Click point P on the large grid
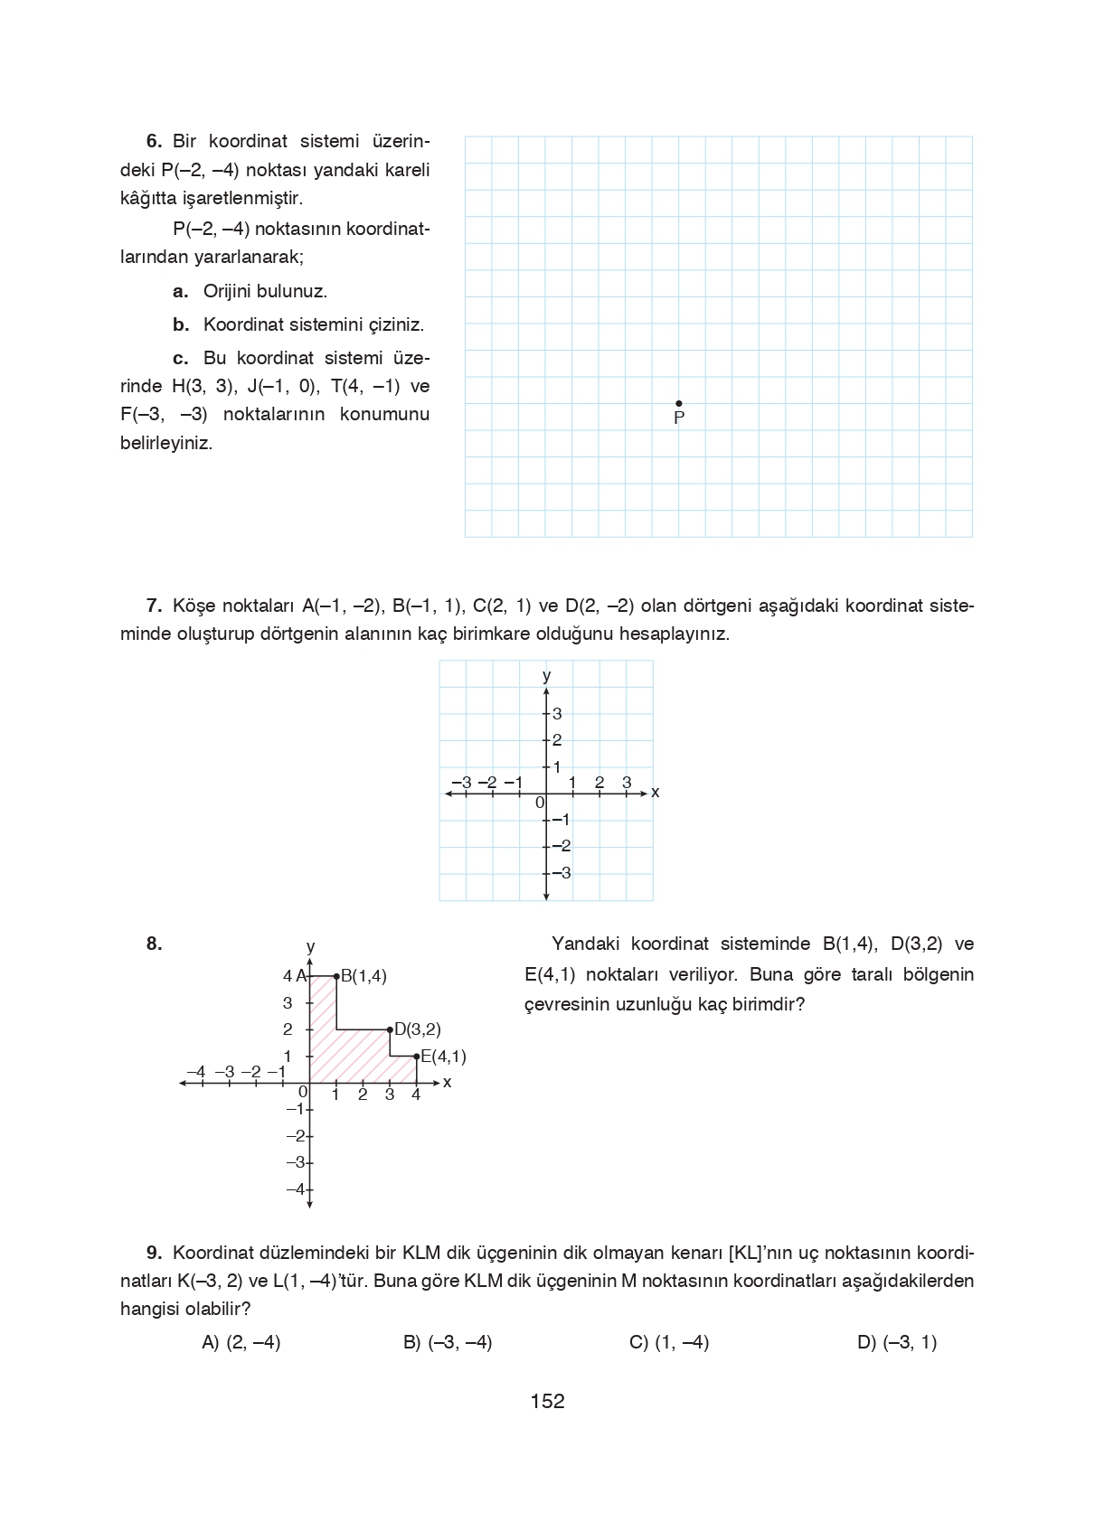[679, 404]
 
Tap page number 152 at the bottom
[547, 1401]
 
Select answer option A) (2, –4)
[241, 1342]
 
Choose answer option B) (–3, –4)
[448, 1342]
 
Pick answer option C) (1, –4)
[669, 1342]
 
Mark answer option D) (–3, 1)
[897, 1342]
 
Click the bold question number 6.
[154, 141]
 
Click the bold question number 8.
[154, 944]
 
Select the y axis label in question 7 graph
[546, 675]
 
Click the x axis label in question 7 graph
[656, 793]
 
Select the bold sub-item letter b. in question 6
[181, 324]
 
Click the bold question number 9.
[154, 1253]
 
